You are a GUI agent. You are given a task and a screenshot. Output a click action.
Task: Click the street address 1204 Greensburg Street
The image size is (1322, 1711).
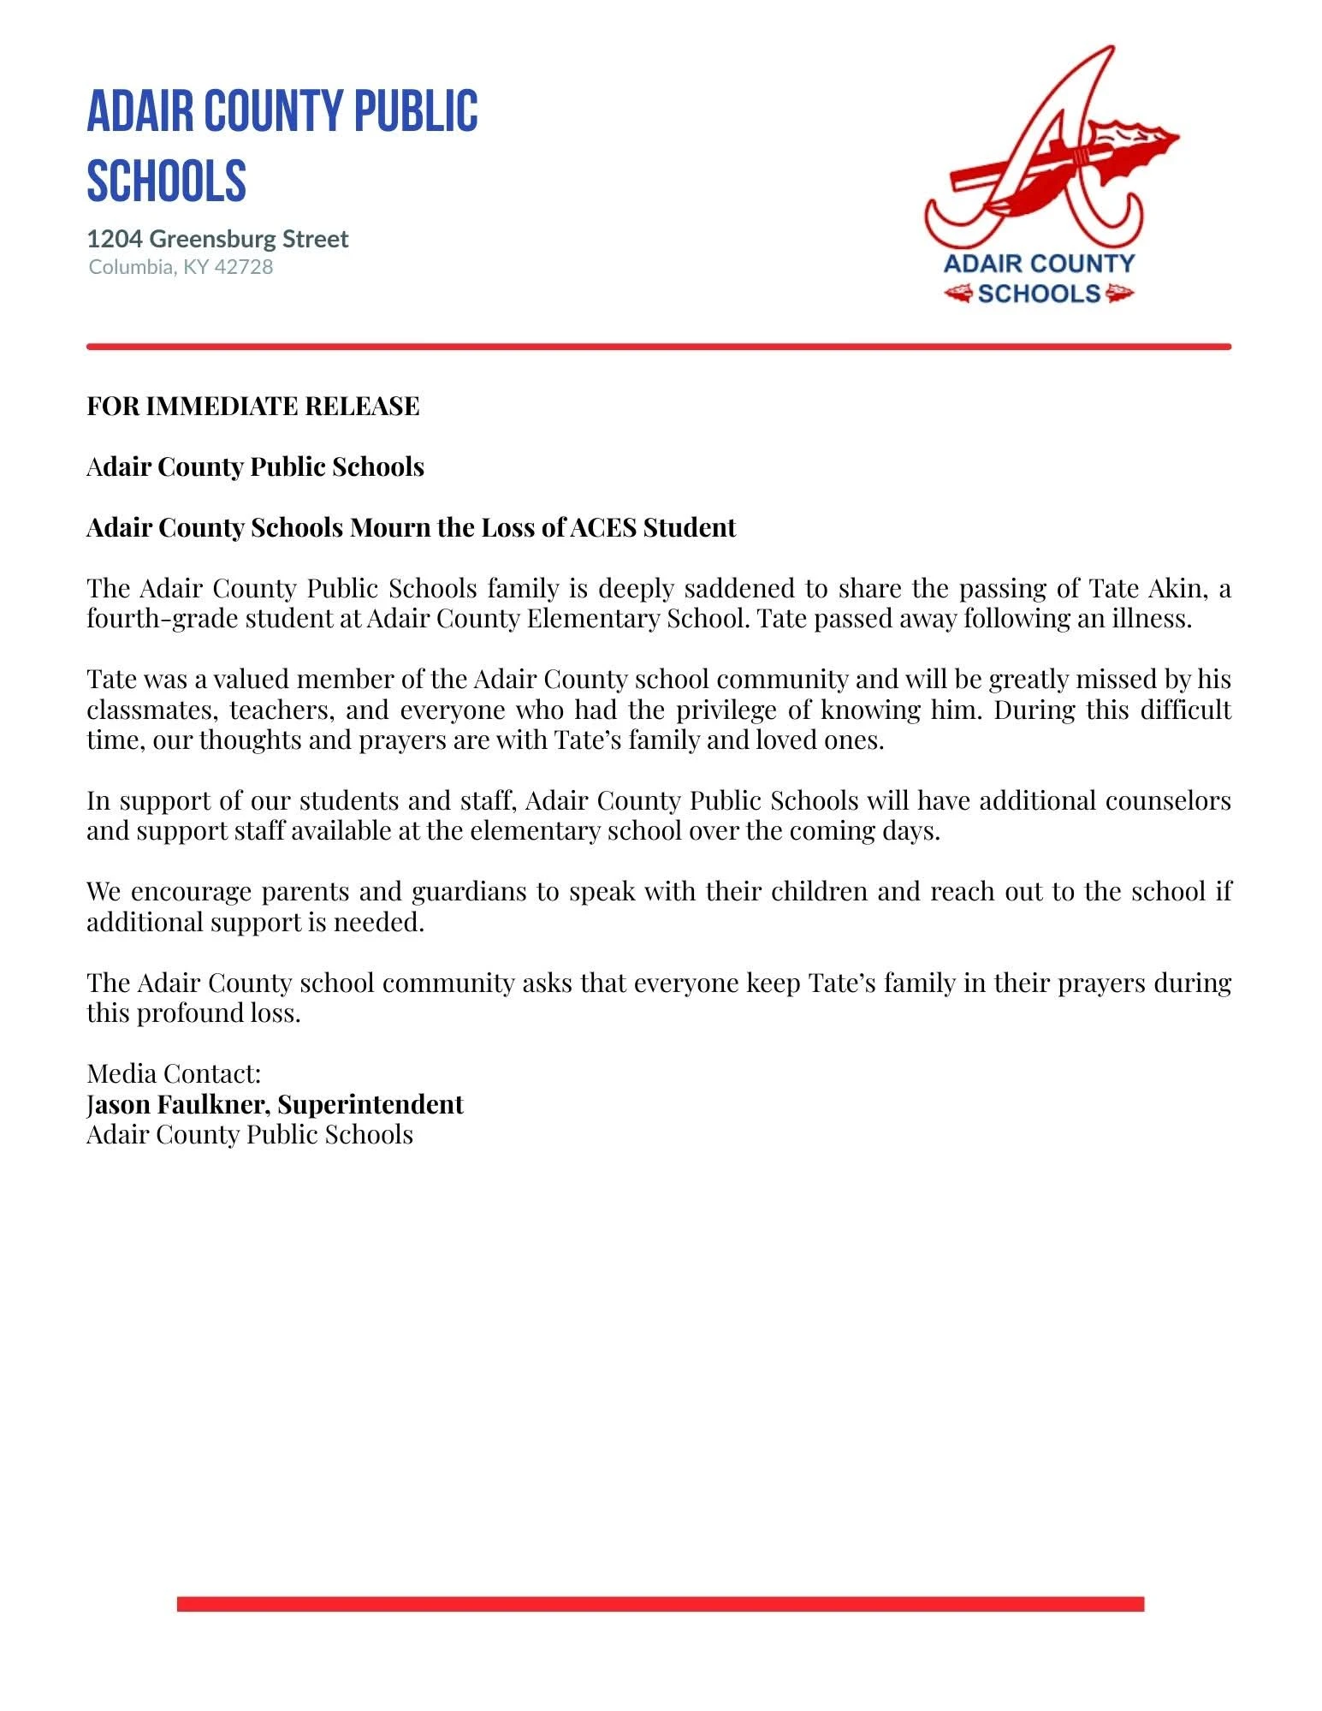click(217, 239)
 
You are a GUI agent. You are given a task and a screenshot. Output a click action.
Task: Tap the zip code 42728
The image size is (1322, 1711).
click(244, 267)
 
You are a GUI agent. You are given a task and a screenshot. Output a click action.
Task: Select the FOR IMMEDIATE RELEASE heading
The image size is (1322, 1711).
click(253, 406)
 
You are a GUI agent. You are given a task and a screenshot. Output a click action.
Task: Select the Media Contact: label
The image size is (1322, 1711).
click(174, 1073)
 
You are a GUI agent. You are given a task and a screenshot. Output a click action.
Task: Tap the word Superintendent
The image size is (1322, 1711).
click(371, 1104)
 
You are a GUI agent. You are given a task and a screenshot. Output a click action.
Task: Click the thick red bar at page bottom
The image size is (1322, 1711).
click(660, 1603)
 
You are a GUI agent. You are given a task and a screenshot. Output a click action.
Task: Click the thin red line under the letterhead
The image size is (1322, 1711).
click(658, 347)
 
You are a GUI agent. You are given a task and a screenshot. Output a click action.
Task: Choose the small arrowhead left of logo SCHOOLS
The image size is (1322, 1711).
click(958, 294)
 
